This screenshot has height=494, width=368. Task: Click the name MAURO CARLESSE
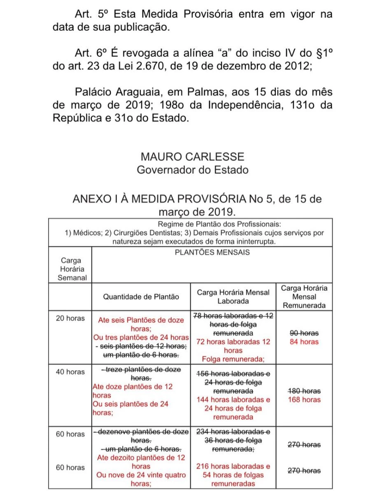pyautogui.click(x=192, y=156)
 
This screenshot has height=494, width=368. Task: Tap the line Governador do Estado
pyautogui.click(x=192, y=170)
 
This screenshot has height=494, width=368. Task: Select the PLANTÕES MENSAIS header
pyautogui.click(x=212, y=252)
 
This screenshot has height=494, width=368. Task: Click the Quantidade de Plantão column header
pyautogui.click(x=141, y=296)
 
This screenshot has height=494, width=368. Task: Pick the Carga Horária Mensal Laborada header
pyautogui.click(x=233, y=296)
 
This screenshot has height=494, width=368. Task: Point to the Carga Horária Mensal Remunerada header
pyautogui.click(x=304, y=296)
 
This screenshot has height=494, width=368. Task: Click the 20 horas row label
pyautogui.click(x=70, y=318)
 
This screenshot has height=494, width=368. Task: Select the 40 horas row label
pyautogui.click(x=70, y=372)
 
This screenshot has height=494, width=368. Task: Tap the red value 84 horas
pyautogui.click(x=304, y=342)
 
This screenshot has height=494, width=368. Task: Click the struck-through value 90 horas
pyautogui.click(x=304, y=333)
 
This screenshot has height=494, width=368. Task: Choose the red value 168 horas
pyautogui.click(x=304, y=399)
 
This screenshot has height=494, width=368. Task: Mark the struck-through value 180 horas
pyautogui.click(x=304, y=391)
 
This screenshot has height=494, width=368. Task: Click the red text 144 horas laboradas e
pyautogui.click(x=233, y=399)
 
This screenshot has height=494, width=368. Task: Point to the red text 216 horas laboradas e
pyautogui.click(x=233, y=466)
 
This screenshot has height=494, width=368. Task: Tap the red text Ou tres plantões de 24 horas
pyautogui.click(x=141, y=338)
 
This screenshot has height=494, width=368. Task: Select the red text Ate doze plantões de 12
pyautogui.click(x=133, y=387)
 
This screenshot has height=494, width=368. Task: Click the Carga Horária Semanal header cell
pyautogui.click(x=70, y=269)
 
